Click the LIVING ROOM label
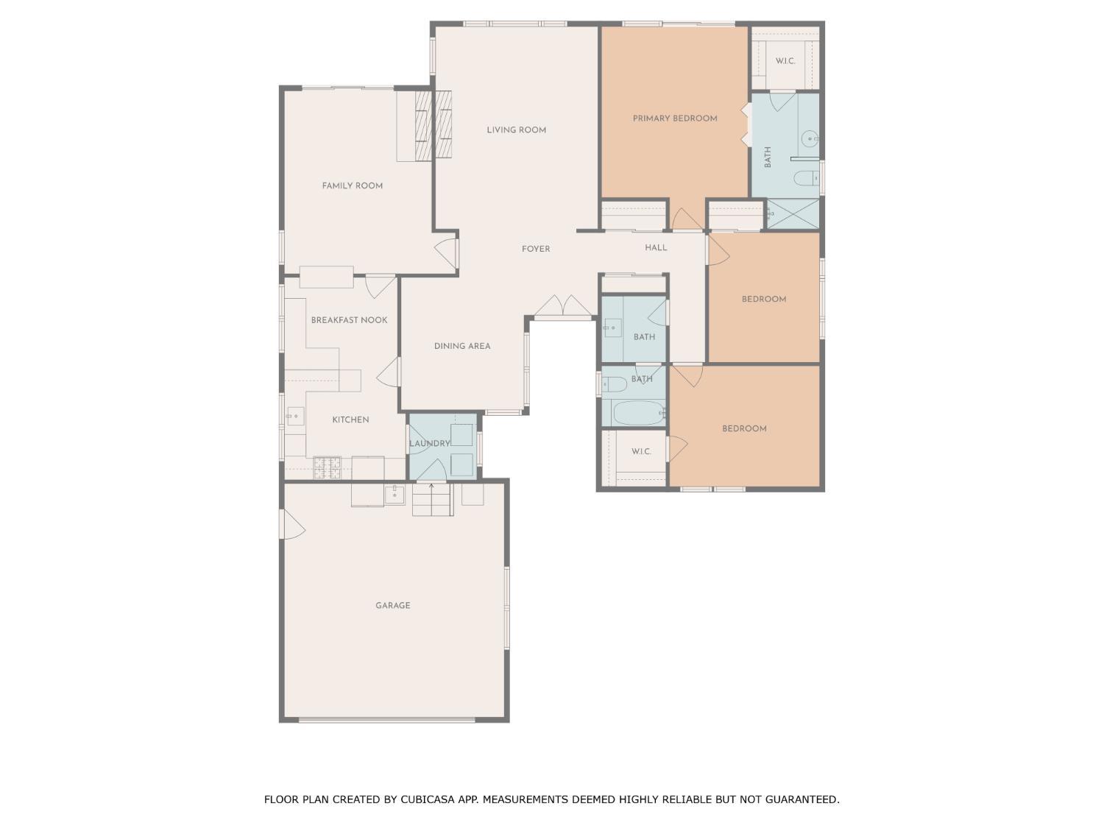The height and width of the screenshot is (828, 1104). (516, 130)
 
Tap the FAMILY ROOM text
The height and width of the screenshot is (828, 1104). (352, 186)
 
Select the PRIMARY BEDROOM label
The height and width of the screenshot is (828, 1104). (675, 118)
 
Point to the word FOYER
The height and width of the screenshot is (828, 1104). (536, 250)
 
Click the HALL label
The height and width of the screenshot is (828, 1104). (656, 248)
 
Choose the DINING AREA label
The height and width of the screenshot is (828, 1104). (461, 346)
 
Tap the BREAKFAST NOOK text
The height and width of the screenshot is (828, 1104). (349, 320)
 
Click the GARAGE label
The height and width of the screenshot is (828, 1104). (392, 606)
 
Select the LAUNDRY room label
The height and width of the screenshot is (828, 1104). (429, 444)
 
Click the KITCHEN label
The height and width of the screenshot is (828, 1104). (350, 420)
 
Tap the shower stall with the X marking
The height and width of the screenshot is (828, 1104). (793, 214)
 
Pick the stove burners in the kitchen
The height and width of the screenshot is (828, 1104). (328, 468)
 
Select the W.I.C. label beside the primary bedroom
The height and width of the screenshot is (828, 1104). (785, 61)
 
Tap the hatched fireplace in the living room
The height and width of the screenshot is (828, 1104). (443, 124)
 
